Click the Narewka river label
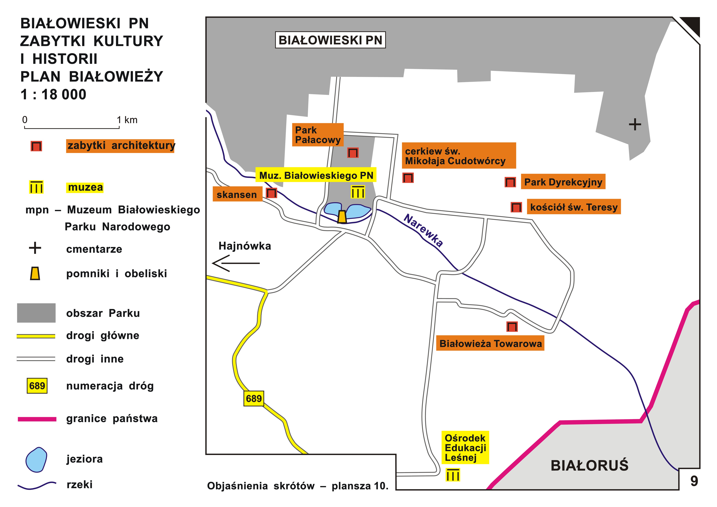423,230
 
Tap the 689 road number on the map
254,399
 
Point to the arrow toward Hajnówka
236,263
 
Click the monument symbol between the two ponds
342,216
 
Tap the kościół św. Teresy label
574,207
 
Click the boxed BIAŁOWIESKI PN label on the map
330,40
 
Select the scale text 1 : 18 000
53,94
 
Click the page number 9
694,481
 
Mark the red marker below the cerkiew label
408,178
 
